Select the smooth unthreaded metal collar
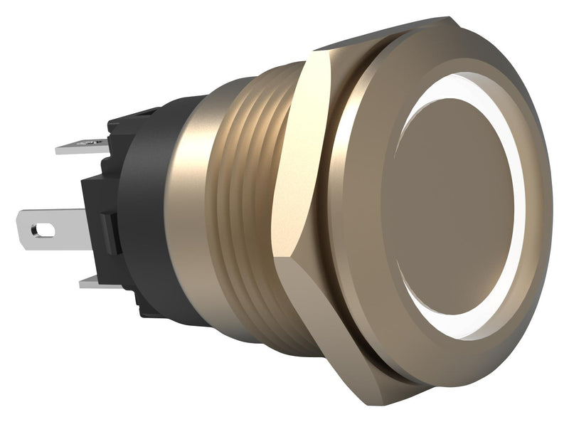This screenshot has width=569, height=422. click(x=188, y=213)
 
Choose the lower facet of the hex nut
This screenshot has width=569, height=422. click(x=313, y=313)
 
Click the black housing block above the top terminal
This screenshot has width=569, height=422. click(x=132, y=121)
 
